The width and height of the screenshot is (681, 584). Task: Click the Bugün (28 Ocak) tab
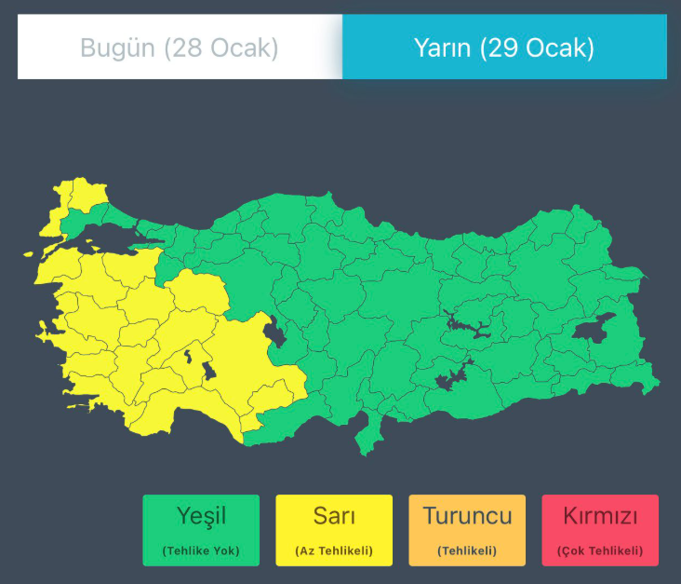point(180,48)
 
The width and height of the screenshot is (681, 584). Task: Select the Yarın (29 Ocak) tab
point(504,48)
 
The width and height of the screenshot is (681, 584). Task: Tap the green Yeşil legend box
point(201,530)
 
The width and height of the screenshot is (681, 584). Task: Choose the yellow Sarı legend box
point(334,530)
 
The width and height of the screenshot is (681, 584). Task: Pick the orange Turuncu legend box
point(467,530)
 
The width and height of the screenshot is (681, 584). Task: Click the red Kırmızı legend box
point(600,530)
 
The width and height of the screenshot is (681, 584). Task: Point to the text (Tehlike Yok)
point(201,550)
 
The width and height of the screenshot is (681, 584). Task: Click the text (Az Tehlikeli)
point(334,550)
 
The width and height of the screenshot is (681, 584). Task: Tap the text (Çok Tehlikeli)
point(600,550)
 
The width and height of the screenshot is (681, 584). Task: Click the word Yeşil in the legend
point(201,515)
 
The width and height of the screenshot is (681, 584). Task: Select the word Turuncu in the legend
point(467,515)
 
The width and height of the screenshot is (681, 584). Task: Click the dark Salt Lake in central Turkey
point(274,331)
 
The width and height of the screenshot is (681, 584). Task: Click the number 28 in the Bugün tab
point(181,48)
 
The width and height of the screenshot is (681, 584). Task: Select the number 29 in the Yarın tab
point(505,48)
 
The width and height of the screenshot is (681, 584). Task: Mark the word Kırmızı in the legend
point(600,515)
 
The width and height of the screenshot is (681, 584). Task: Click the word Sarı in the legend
point(334,515)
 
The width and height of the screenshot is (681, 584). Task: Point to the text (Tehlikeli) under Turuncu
point(467,550)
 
